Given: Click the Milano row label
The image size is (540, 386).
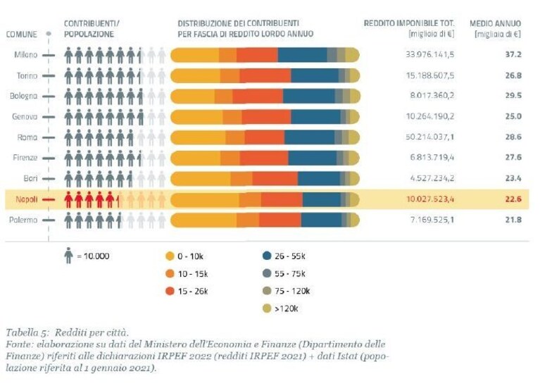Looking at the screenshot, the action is (x=25, y=55).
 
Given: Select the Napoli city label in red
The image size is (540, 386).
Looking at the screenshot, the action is (x=27, y=199).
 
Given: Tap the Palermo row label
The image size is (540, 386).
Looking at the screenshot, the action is (x=23, y=220).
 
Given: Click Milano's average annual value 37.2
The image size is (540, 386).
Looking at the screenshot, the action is (x=513, y=54).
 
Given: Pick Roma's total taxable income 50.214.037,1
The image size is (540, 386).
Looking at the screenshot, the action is (x=429, y=137).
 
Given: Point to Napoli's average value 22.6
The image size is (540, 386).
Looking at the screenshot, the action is (x=513, y=199).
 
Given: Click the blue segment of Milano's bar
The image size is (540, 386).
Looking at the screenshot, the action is (x=302, y=55).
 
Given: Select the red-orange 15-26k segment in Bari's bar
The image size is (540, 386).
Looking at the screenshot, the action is (x=275, y=179).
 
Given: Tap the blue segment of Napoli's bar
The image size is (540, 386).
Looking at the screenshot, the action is (x=322, y=200).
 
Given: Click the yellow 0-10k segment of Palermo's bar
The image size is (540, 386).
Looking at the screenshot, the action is (x=203, y=220).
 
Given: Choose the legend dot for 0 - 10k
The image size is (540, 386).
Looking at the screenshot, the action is (x=170, y=256).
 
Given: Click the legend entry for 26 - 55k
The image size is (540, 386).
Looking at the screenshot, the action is (x=284, y=256).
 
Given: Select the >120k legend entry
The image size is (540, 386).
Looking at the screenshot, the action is (x=280, y=309).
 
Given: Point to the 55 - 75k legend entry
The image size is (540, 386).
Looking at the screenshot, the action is (x=284, y=273).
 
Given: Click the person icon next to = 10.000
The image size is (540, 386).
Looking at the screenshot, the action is (x=68, y=256).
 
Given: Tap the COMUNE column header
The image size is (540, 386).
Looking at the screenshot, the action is (x=21, y=34).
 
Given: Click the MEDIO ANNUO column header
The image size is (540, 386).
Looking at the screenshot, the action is (x=495, y=23).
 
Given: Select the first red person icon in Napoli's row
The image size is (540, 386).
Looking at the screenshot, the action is (x=68, y=199).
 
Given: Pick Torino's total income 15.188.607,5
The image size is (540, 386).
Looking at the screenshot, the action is (x=429, y=75).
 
